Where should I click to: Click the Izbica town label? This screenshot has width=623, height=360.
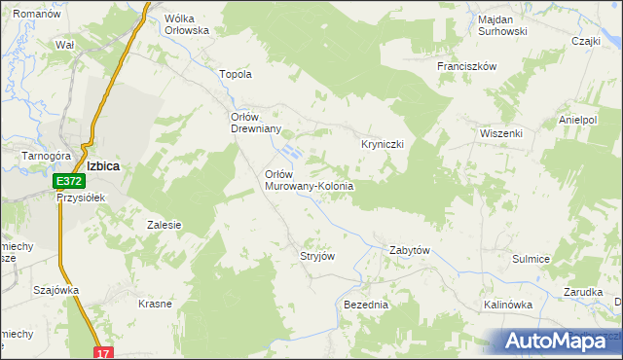point(102,165)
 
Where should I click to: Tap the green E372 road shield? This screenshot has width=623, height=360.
point(68,181)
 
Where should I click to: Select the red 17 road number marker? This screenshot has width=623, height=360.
point(104,352)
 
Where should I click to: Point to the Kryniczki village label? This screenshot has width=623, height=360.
point(383,143)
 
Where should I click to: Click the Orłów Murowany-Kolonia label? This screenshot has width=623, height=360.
point(309,179)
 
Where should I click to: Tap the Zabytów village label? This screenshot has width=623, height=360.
point(409,250)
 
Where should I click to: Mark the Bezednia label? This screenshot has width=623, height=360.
point(366,305)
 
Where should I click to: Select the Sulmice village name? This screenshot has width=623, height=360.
point(531,259)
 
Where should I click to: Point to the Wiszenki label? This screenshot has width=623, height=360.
point(501,133)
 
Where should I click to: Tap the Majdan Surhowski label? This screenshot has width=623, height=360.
point(502,25)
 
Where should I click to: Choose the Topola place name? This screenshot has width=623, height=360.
point(237,74)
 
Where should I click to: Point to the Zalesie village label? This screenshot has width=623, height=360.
point(165,225)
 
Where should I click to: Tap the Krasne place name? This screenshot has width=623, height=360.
point(155,304)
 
